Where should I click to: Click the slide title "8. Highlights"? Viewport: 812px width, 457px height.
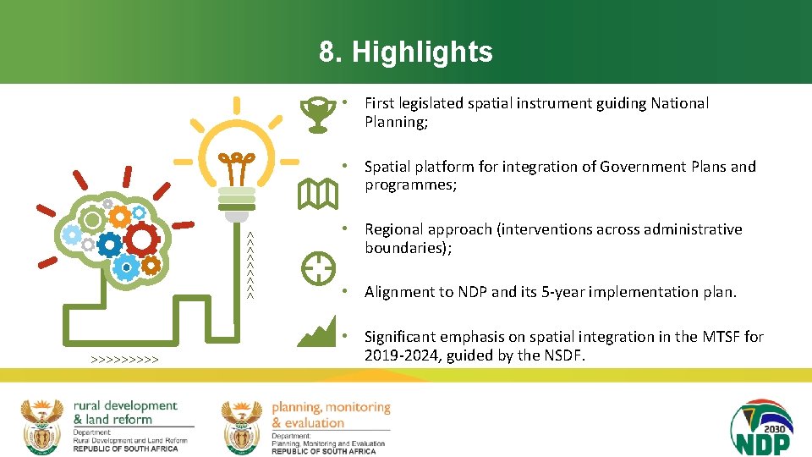[x=405, y=52]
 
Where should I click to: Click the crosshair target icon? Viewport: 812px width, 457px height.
[x=318, y=268]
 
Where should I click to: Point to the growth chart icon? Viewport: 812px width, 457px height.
[x=317, y=332]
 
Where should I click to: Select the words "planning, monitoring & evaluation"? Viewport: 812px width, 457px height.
[x=330, y=415]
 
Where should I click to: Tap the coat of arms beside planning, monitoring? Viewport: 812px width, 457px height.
[x=242, y=426]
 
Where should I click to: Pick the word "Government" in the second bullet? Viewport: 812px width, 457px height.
[x=641, y=167]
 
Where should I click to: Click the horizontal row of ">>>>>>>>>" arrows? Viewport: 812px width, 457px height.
[x=125, y=361]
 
